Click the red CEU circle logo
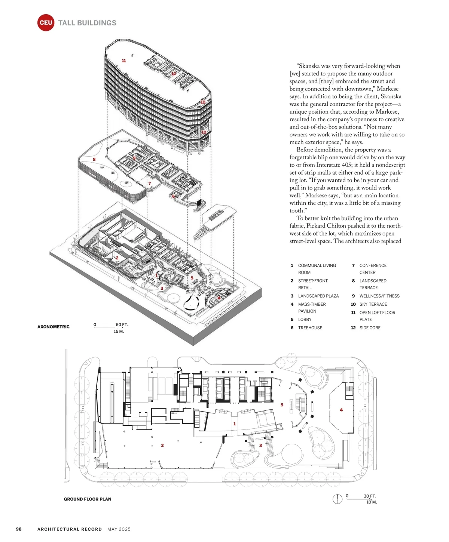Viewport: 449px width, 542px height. [46, 23]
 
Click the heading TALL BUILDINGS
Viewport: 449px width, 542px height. [87, 23]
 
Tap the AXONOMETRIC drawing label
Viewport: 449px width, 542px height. [54, 327]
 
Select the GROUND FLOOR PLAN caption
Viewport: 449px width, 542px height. [88, 499]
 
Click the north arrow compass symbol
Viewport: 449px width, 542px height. [337, 499]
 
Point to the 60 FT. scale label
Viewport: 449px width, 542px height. [122, 324]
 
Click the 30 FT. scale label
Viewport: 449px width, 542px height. [369, 496]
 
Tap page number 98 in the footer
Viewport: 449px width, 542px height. [19, 529]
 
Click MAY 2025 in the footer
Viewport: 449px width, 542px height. [119, 529]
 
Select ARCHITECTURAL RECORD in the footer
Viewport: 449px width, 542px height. [70, 529]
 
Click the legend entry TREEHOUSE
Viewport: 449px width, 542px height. [310, 328]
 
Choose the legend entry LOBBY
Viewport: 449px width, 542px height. [305, 320]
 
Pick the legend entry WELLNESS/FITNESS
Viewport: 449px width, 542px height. [379, 296]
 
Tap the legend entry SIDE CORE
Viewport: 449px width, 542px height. [370, 328]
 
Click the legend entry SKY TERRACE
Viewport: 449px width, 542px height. [373, 304]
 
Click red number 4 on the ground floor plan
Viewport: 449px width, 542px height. [341, 410]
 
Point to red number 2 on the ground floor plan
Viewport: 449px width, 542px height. [162, 445]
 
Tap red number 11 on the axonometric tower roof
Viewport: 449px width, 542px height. [124, 61]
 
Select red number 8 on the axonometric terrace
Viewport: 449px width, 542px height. [94, 159]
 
